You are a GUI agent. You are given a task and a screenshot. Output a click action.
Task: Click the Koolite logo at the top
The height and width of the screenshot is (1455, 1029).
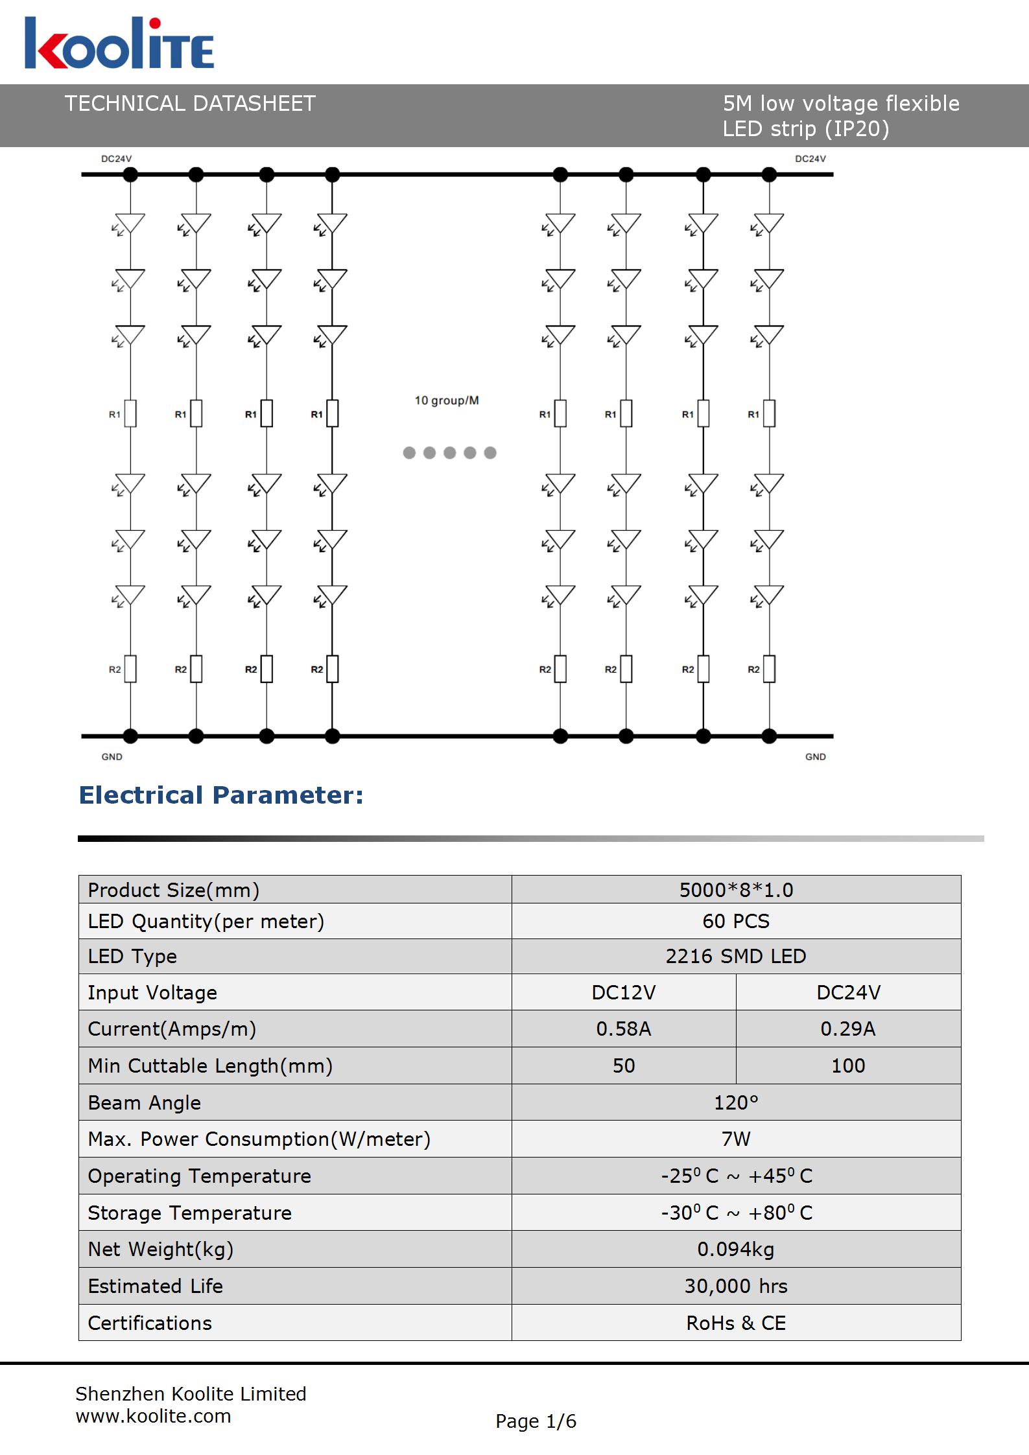coord(119,43)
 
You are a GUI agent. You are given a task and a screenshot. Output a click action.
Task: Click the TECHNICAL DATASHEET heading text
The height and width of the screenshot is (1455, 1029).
coord(190,104)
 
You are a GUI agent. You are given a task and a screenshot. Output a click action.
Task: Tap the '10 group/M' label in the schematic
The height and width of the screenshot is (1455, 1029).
coord(447,401)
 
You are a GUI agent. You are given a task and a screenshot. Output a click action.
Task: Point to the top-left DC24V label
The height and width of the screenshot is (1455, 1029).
coord(117,159)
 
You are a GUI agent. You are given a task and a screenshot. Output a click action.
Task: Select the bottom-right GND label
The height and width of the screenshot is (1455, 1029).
coord(815,756)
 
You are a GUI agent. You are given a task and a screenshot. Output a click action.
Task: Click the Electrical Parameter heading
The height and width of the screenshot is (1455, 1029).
coord(221,795)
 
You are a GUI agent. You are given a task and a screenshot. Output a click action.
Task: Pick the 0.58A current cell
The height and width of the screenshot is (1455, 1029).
coord(623,1029)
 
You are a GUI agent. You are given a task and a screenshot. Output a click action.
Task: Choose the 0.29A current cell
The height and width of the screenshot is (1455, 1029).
coord(848,1029)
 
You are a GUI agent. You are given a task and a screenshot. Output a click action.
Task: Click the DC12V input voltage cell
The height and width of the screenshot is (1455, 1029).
coord(623,993)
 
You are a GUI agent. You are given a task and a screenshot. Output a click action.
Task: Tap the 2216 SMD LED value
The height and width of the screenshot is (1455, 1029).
coord(736,957)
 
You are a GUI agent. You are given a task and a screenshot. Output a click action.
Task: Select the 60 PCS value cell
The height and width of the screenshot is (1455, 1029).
coord(736,921)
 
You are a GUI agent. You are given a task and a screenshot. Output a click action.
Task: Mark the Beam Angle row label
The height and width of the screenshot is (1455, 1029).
coord(145,1102)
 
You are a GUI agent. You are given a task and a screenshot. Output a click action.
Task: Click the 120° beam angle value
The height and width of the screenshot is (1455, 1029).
coord(736,1102)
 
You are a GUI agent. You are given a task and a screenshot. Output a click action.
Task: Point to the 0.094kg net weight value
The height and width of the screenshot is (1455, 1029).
coord(736,1249)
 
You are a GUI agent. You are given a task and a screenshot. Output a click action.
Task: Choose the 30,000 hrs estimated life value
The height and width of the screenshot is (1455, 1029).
coord(736,1286)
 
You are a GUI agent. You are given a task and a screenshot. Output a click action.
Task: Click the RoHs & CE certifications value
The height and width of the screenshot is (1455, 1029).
coord(736,1323)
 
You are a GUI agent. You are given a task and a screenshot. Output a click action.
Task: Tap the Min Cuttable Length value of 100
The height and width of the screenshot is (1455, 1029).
coord(848,1065)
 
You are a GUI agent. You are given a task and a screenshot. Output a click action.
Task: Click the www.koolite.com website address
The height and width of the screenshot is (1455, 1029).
coord(153,1416)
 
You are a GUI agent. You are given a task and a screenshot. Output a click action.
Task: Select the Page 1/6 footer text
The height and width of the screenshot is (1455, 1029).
coord(536,1421)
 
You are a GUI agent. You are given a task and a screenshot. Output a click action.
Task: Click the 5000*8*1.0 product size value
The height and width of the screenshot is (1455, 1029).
coord(736,890)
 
